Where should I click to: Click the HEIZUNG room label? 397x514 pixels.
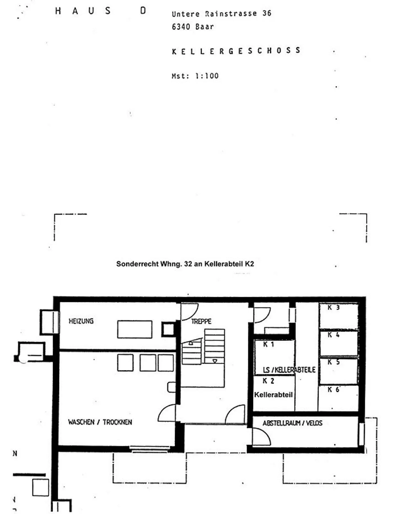click(81, 321)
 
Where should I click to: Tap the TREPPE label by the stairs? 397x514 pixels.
click(201, 321)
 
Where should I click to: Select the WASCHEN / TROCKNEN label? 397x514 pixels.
click(100, 422)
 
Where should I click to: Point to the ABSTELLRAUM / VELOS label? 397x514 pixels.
click(293, 423)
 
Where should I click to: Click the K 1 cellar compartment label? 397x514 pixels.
click(269, 344)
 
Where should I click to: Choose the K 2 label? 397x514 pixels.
click(268, 381)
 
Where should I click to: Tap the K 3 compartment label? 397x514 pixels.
click(333, 307)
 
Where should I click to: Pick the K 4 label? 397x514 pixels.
click(333, 335)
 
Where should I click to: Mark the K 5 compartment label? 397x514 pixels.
click(333, 362)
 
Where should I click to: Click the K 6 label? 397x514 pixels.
click(333, 389)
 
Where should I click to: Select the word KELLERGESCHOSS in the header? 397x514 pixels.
click(236, 51)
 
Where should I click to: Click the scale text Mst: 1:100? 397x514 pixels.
click(195, 76)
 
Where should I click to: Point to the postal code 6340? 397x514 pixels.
click(181, 27)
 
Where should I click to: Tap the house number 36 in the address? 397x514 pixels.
click(267, 13)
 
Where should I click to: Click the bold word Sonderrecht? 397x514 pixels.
click(137, 264)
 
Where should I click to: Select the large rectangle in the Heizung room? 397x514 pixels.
click(135, 329)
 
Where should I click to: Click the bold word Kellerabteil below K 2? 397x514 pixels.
click(273, 395)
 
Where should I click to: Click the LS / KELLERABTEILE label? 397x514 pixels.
click(289, 370)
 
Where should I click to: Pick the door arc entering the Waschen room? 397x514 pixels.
click(163, 409)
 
